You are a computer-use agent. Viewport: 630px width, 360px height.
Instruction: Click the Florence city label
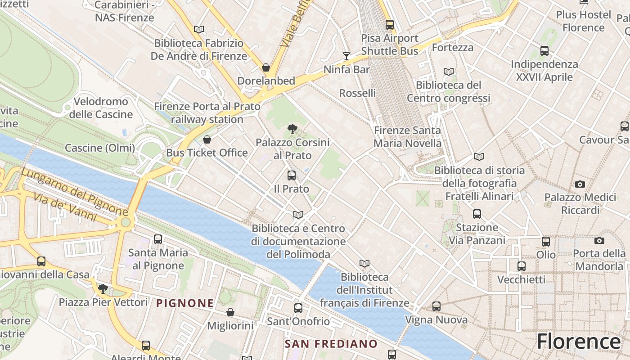tap(578, 342)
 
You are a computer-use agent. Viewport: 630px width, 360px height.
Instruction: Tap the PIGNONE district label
tap(184, 303)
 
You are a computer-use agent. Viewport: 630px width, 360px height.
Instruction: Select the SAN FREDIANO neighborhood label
tap(331, 344)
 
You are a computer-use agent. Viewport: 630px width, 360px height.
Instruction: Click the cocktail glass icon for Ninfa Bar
tap(346, 56)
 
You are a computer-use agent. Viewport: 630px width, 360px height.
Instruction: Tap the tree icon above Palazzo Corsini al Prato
tap(292, 129)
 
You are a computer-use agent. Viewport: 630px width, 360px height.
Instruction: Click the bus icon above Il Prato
tap(292, 175)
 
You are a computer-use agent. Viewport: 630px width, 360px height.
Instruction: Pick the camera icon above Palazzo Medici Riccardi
tap(580, 184)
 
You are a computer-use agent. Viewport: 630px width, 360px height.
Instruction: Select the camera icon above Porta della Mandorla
tap(599, 241)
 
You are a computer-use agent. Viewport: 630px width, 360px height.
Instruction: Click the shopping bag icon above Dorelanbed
tap(266, 68)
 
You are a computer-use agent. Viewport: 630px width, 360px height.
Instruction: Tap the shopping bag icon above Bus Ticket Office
tap(207, 139)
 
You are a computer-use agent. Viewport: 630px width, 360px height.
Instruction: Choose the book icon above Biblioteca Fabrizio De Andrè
tap(199, 30)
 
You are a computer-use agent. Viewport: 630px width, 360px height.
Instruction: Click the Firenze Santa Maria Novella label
tap(408, 137)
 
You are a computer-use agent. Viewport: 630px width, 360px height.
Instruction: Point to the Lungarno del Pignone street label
tap(74, 191)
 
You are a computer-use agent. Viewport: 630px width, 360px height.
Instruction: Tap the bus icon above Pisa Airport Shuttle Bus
tap(390, 25)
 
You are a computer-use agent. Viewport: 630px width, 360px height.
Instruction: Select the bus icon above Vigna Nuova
tap(436, 306)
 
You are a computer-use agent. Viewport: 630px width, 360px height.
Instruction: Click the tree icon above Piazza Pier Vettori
tap(103, 288)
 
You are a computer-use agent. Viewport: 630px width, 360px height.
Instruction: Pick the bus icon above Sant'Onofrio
tap(298, 308)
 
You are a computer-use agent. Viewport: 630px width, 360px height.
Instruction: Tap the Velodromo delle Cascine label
tap(101, 108)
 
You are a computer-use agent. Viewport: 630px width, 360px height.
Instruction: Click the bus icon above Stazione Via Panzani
tap(477, 214)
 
